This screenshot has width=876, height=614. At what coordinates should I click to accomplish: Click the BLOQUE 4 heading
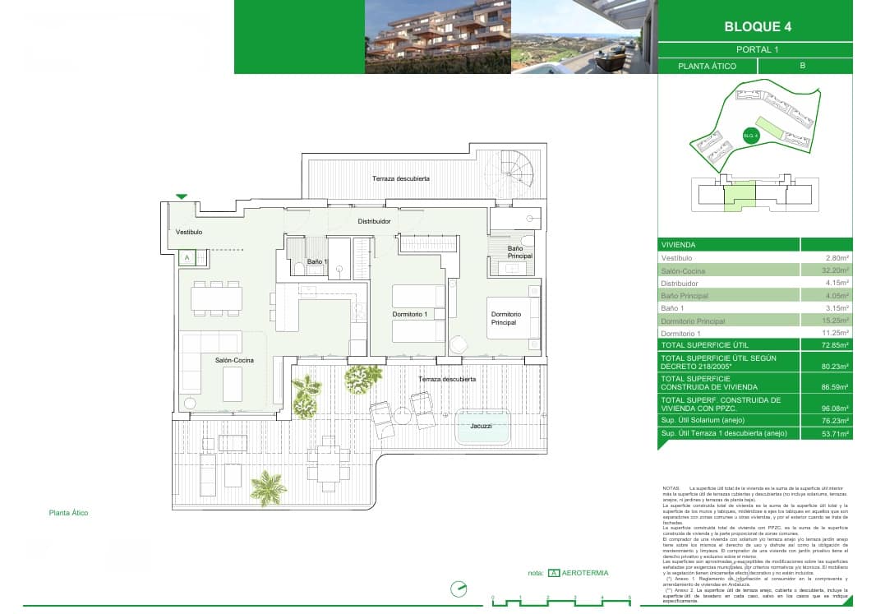tap(758, 26)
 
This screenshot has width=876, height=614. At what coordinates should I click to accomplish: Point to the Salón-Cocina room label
tap(234, 361)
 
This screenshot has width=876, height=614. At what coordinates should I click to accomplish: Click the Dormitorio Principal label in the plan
tap(505, 318)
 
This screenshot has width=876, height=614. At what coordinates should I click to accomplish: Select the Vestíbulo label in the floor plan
tap(189, 233)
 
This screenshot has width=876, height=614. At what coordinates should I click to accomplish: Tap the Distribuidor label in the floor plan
tap(373, 222)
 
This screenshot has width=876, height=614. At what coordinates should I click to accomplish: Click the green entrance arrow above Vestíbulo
tap(182, 196)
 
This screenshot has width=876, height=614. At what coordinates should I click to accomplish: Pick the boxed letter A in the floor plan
tap(187, 257)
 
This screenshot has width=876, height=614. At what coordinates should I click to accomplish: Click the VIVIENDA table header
tap(679, 245)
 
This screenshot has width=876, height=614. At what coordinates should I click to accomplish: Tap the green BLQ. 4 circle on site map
tap(749, 136)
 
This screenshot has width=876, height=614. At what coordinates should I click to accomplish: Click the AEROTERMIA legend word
tap(585, 573)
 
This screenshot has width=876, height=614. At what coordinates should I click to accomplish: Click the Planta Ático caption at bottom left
tap(68, 513)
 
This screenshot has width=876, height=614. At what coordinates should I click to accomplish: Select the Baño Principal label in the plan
tap(519, 252)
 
